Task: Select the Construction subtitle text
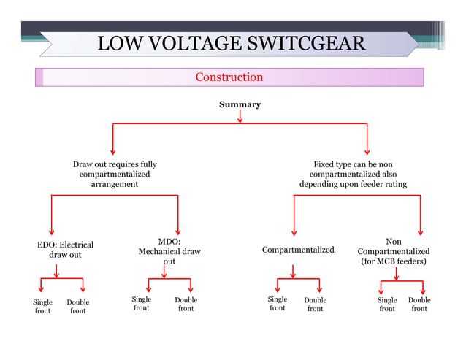[229, 77]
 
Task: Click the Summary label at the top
[240, 104]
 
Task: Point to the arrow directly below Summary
[240, 117]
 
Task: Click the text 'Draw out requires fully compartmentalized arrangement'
[114, 175]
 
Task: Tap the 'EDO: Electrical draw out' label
[65, 250]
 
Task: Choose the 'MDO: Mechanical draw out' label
[169, 250]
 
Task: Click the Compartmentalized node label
[298, 250]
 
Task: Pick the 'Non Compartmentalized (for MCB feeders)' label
[393, 250]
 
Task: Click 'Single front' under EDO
[43, 306]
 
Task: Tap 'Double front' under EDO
[78, 306]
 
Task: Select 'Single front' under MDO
[142, 304]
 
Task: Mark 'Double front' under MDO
[186, 305]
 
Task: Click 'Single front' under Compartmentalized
[278, 304]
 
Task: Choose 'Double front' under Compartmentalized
[316, 305]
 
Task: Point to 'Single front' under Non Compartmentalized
[387, 305]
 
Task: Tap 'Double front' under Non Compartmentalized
[419, 305]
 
